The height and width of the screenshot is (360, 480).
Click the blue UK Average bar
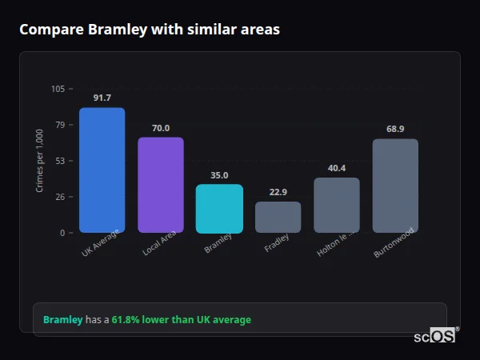(102, 170)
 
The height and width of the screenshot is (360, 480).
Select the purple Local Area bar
(161, 185)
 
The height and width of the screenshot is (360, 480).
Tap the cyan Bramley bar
(219, 209)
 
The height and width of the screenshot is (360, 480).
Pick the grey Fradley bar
(278, 217)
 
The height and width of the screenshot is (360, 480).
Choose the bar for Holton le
(337, 206)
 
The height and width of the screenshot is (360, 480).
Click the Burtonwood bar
(395, 186)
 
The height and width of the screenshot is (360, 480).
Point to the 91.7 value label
(102, 98)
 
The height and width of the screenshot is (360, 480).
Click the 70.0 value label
(161, 128)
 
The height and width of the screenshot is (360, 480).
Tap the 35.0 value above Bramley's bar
(219, 175)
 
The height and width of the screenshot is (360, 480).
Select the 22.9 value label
(278, 192)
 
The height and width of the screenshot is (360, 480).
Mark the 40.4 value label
(337, 168)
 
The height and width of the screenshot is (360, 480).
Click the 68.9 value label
(395, 129)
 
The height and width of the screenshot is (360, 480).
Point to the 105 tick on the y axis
(58, 89)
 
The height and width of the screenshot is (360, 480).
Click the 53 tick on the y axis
(60, 161)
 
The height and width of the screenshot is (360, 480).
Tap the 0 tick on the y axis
(62, 233)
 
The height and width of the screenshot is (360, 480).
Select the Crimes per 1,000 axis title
(40, 161)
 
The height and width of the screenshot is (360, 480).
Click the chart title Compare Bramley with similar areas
(150, 30)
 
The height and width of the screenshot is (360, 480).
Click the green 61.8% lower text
(181, 320)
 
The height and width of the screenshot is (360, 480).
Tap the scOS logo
(435, 336)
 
